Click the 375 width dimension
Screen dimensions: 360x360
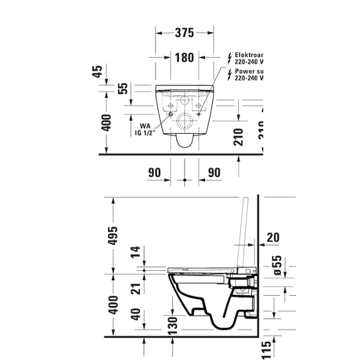click(184, 33)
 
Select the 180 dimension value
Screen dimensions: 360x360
click(184, 58)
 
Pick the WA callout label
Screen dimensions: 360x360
click(145, 126)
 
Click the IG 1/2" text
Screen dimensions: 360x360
click(145, 133)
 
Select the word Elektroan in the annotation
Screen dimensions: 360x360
click(248, 55)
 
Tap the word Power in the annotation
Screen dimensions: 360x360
click(244, 71)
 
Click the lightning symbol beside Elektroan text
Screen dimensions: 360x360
click(229, 58)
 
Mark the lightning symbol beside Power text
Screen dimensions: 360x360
click(229, 74)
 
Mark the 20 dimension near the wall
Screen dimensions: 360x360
click(272, 238)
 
